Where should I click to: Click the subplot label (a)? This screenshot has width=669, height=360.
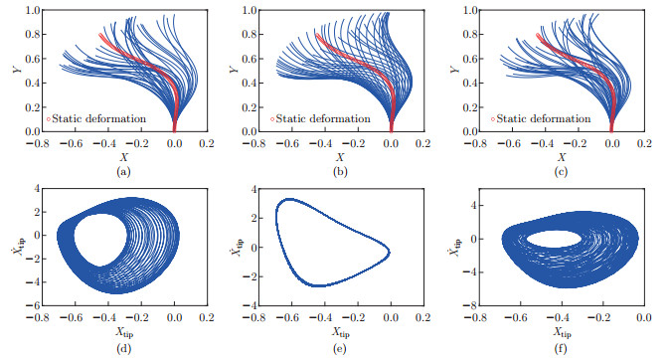pos(122,172)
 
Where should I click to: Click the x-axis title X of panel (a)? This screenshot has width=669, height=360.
pos(120,158)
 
